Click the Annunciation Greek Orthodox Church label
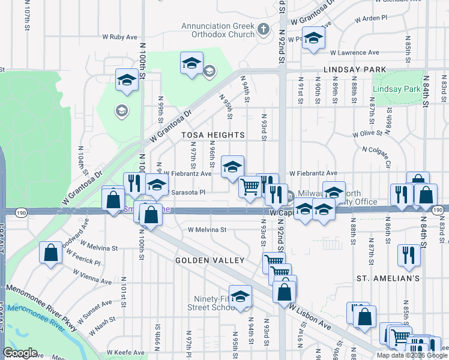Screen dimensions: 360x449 (218, 30)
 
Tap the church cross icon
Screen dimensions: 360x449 (263, 29)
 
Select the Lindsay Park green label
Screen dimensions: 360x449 (396, 89)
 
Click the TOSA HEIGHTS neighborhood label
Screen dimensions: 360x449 (214, 135)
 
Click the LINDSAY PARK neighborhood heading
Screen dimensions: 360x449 (354, 70)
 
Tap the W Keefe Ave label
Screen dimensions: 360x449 (125, 352)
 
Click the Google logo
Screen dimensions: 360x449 (20, 353)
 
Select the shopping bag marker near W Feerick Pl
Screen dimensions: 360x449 (51, 252)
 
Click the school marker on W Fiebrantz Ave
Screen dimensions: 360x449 (233, 167)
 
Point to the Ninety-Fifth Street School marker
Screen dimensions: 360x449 (241, 296)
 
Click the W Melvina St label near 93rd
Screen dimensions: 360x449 (207, 229)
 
